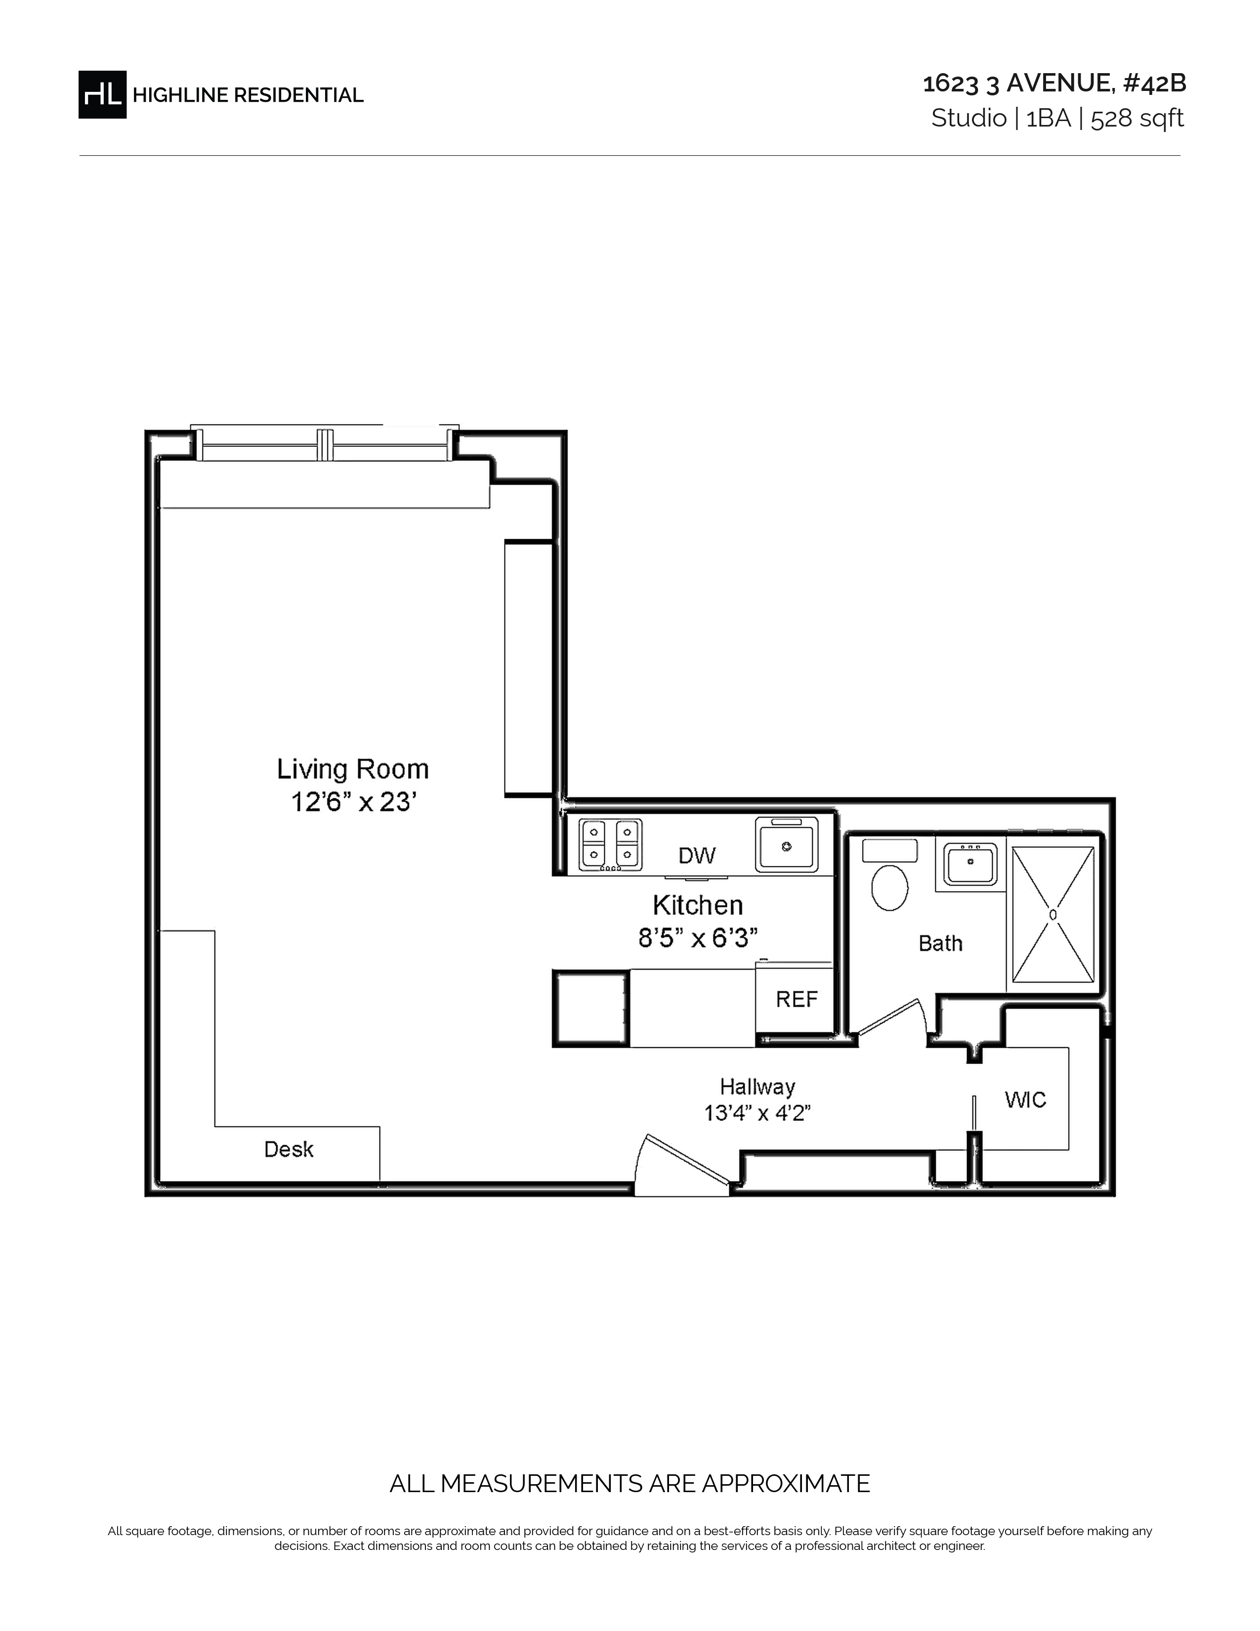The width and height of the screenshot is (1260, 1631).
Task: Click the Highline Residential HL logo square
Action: pyautogui.click(x=102, y=95)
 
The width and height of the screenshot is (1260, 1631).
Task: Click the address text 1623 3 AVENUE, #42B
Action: pyautogui.click(x=1054, y=84)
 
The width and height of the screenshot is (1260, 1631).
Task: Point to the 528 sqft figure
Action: pyautogui.click(x=1137, y=118)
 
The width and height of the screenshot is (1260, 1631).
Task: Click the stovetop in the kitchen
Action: pyautogui.click(x=611, y=845)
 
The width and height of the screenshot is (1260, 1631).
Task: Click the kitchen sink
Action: pyautogui.click(x=786, y=845)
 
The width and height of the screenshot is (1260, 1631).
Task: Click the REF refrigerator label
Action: pyautogui.click(x=797, y=999)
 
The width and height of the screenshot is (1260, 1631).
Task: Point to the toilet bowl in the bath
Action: pyautogui.click(x=890, y=887)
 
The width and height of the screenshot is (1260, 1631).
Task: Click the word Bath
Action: pyautogui.click(x=940, y=943)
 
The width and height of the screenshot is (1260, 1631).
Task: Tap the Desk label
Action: pyautogui.click(x=289, y=1149)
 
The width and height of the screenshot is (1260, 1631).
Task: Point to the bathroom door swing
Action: pyautogui.click(x=891, y=1017)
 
